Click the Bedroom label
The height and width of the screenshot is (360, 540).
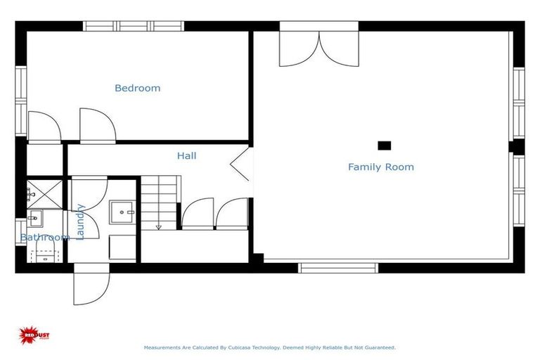(137, 88)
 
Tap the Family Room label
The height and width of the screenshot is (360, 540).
(380, 167)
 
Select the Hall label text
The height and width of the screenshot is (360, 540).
(186, 155)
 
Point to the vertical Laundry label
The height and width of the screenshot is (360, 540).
(80, 221)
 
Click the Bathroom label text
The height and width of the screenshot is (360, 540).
(44, 238)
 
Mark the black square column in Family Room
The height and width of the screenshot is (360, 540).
(384, 146)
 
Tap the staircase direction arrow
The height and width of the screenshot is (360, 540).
(159, 226)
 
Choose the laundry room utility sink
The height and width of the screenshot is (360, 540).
(122, 212)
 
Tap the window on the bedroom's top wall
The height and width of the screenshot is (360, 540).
(134, 26)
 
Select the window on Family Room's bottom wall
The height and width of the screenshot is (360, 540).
(338, 268)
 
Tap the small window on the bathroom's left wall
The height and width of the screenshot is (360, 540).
(20, 231)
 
